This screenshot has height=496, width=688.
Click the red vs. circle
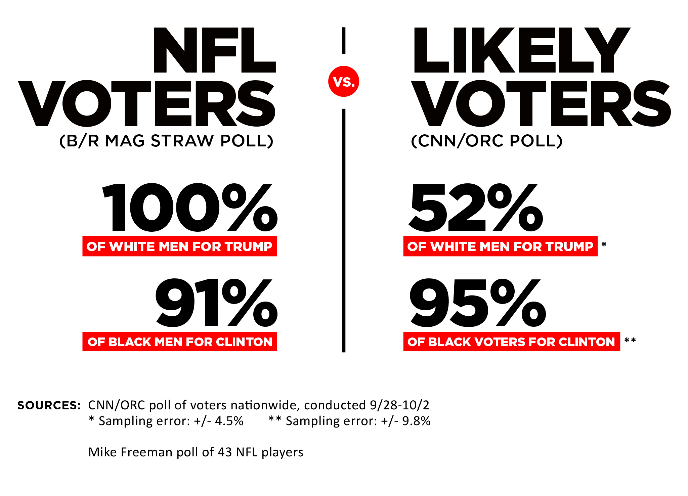[x=344, y=81]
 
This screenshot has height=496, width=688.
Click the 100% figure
[x=190, y=208]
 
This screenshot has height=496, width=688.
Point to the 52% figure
[x=475, y=208]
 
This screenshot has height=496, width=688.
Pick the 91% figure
[x=216, y=303]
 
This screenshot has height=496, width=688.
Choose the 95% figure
[x=477, y=303]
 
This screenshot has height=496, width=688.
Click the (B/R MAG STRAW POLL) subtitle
[x=166, y=141]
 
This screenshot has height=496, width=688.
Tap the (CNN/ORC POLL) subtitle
[x=486, y=141]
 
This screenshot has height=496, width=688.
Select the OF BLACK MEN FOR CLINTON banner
[x=180, y=342]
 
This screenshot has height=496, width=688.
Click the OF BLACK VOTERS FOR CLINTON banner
[x=511, y=342]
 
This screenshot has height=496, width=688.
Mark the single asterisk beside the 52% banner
[x=604, y=244]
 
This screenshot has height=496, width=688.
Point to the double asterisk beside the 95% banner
[x=630, y=341]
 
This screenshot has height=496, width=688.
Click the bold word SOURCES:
[x=49, y=405]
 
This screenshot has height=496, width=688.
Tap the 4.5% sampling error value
[x=229, y=421]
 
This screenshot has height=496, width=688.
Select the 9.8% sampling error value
[x=416, y=421]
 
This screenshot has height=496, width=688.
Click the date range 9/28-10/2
[x=399, y=405]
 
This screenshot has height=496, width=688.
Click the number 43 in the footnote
[x=225, y=452]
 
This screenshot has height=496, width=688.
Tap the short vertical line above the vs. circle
[x=344, y=41]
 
